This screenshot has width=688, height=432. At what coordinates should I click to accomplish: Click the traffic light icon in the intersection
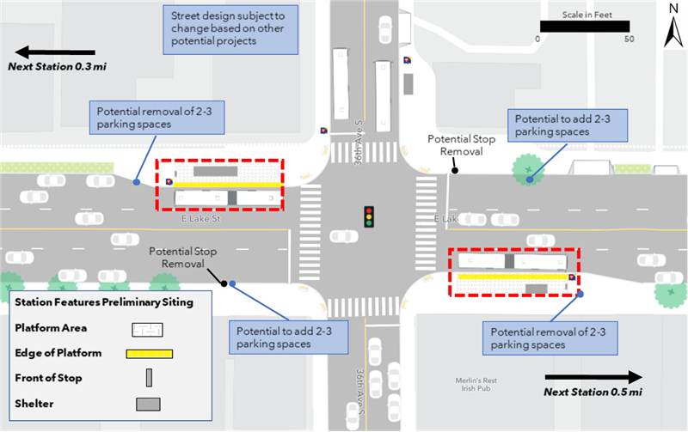point(369,216)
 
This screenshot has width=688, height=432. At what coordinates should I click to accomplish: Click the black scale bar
point(584,26)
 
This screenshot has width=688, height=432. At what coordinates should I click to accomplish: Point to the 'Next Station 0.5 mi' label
point(593,392)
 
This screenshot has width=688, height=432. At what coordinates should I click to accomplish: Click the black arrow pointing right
point(593,376)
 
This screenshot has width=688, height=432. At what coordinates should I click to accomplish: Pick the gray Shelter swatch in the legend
point(149,404)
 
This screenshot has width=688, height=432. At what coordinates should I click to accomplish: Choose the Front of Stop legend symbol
point(149,378)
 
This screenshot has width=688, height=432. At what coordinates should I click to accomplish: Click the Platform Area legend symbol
point(149,328)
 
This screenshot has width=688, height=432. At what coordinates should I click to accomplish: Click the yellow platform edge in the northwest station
point(227,184)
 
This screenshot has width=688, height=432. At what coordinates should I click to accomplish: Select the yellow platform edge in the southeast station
point(513,277)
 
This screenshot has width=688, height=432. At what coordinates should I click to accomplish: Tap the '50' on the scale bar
point(629,39)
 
